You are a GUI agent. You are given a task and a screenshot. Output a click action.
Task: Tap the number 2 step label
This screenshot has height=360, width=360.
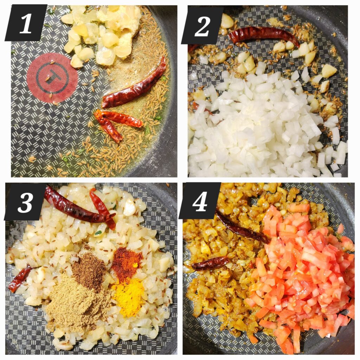[x=202, y=25]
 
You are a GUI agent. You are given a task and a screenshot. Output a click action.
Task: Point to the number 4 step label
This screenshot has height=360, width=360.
[x=200, y=201]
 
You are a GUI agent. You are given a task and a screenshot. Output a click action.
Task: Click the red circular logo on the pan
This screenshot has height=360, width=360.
[x=52, y=78]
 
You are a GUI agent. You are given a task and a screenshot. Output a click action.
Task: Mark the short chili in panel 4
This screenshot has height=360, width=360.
[x=210, y=263]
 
